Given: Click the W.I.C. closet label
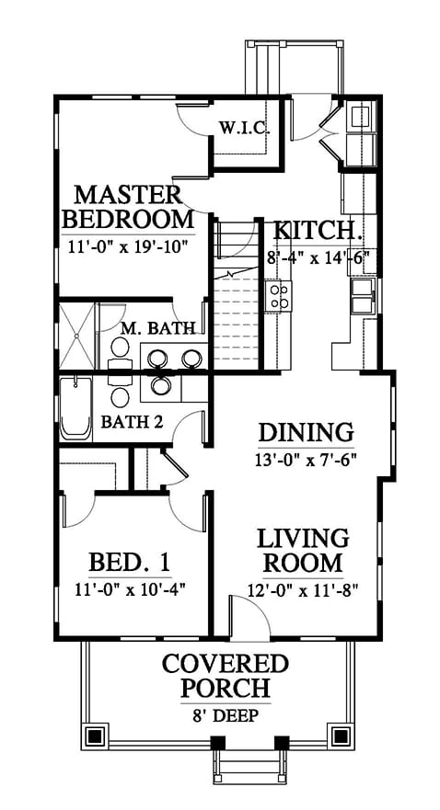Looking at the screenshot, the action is coord(244,127).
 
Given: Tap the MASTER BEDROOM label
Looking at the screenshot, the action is coord(127,207).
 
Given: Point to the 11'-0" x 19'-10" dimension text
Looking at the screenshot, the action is coord(127,246).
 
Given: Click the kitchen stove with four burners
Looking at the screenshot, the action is coord(279,297).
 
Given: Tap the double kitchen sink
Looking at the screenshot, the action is coord(364,297).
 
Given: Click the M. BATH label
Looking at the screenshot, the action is coord(158,327).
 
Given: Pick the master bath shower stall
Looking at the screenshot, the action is coord(76,336).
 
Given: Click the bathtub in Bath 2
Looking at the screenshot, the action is coord(76,408).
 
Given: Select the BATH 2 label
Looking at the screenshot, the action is coord(132,421).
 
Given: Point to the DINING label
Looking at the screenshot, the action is coord(307,432).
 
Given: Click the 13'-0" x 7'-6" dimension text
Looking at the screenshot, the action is coord(307,458).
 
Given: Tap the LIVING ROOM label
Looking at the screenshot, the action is coord(303,550).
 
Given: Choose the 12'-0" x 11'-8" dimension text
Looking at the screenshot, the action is coord(304,588).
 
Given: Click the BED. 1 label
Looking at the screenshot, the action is coord(130,562).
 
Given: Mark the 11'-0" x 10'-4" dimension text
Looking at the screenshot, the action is coord(130,588).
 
